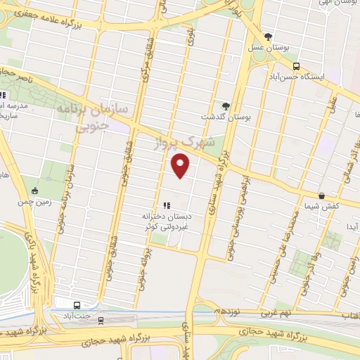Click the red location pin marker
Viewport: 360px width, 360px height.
click(181, 166)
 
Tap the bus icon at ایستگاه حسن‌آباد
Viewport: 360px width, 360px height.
click(296, 67)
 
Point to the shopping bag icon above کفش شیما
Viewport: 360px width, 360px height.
click(321, 195)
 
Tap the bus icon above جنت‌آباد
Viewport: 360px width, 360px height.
click(76, 304)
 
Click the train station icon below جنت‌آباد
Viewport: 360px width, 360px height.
click(101, 321)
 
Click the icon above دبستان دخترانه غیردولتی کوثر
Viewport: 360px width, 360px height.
click(167, 205)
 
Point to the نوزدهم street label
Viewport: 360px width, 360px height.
click(229, 310)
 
